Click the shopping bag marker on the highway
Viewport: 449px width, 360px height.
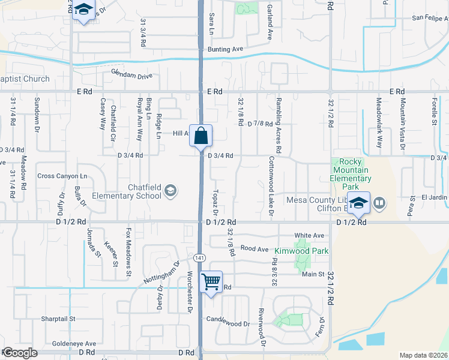pyautogui.click(x=200, y=136)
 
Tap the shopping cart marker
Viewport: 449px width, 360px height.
pyautogui.click(x=211, y=281)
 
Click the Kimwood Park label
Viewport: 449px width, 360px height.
pyautogui.click(x=301, y=251)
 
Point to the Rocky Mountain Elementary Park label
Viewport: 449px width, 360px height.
pyautogui.click(x=351, y=170)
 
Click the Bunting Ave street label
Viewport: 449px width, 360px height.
pyautogui.click(x=225, y=49)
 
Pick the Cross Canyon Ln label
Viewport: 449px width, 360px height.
pyautogui.click(x=62, y=176)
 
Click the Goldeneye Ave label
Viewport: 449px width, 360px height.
pyautogui.click(x=74, y=344)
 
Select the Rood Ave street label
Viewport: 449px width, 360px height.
pyautogui.click(x=254, y=248)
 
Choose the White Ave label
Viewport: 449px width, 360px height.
pyautogui.click(x=309, y=236)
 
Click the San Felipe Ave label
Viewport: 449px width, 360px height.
pyautogui.click(x=421, y=19)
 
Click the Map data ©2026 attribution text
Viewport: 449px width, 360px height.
pyautogui.click(x=423, y=355)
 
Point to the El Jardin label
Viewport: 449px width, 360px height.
pyautogui.click(x=435, y=197)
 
